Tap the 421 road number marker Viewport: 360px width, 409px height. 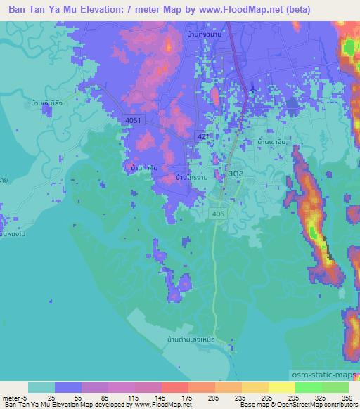[x=203, y=136]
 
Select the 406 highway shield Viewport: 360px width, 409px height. [x=219, y=213]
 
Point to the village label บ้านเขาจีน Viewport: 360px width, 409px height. [x=275, y=141]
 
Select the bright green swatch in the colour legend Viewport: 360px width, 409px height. [x=309, y=387]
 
